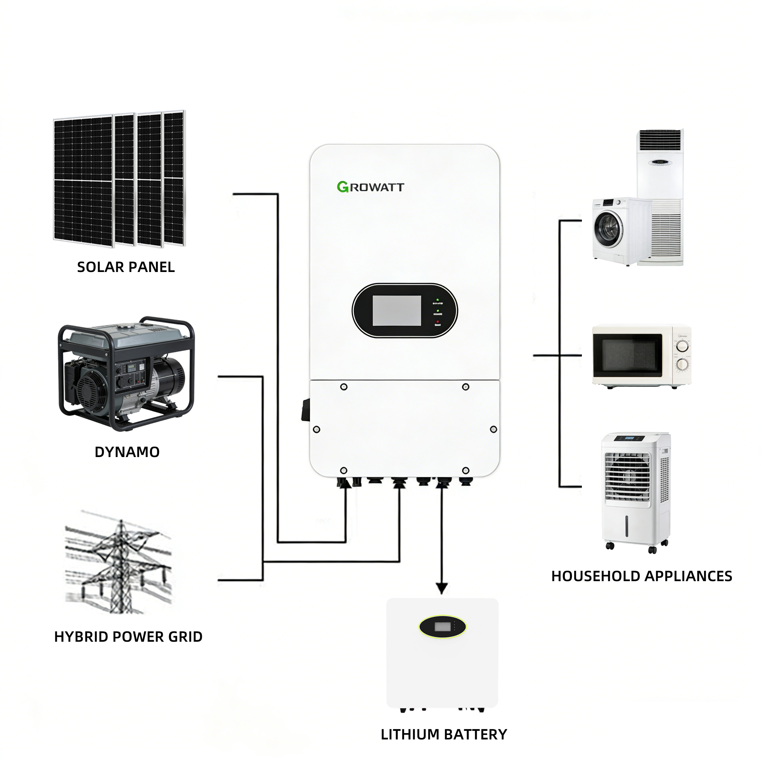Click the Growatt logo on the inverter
tap(370, 187)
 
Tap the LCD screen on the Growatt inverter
tap(396, 310)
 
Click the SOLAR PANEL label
tap(126, 267)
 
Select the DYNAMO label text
tap(127, 452)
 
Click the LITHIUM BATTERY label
tap(444, 734)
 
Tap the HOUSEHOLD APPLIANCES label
tap(642, 576)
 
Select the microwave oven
tap(642, 356)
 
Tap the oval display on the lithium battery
tap(442, 627)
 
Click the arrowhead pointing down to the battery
tap(442, 589)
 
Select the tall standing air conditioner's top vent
tap(660, 140)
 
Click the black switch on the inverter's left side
tap(305, 410)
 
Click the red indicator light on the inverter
tap(438, 322)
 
